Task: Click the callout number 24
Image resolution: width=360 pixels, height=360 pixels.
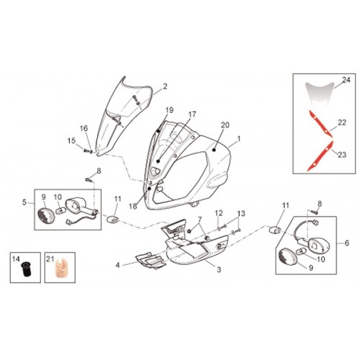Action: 346,80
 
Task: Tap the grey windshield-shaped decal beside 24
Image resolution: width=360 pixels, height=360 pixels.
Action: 320,92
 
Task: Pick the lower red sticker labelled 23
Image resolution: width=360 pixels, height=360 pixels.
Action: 320,156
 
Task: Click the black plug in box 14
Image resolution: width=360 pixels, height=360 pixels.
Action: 25,268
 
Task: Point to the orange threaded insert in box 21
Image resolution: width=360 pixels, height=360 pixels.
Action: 59,268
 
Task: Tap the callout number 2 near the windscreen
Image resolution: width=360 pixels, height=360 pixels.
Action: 165,86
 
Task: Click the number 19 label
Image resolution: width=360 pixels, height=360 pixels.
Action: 169,110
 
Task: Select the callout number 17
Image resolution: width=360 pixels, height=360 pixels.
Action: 192,114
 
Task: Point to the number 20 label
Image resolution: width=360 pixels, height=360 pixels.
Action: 225,125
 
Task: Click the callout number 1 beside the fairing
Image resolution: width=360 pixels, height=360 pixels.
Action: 238,139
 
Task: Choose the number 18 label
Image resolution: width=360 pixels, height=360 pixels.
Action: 132,206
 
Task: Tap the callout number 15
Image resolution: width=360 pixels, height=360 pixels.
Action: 71,140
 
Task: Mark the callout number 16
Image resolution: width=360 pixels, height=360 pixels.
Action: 84,128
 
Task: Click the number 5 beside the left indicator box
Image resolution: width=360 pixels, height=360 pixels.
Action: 24,202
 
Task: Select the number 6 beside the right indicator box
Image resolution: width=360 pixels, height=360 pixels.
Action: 347,243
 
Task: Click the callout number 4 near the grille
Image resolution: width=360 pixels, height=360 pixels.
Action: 117,265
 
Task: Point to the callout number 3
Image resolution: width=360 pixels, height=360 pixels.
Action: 219,270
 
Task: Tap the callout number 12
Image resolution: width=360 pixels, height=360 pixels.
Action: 219,213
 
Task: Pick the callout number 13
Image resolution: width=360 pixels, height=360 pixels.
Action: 241,213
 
